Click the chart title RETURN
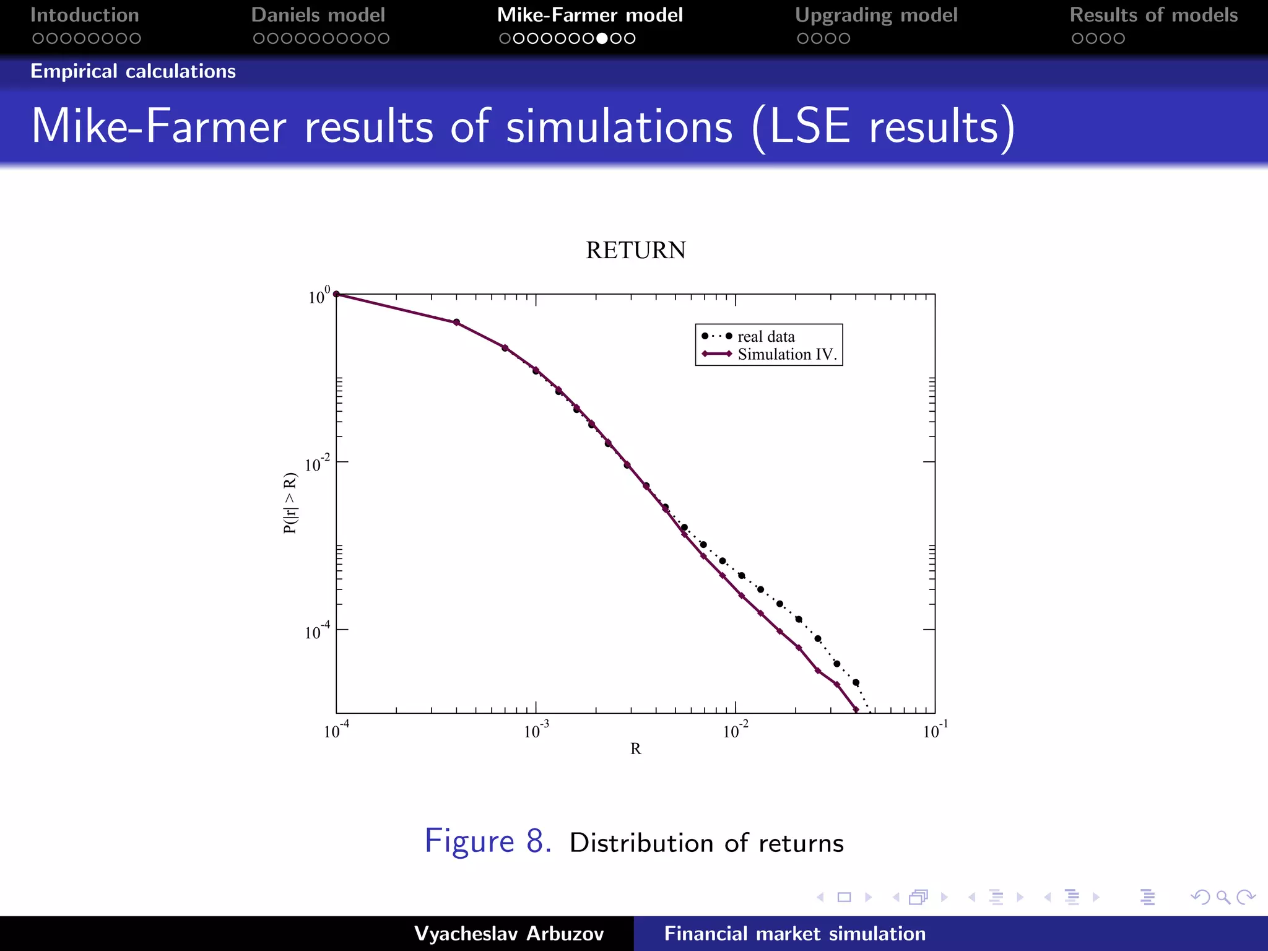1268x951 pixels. click(x=635, y=251)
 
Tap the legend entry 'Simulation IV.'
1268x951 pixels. click(x=786, y=355)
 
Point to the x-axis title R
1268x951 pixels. click(x=635, y=749)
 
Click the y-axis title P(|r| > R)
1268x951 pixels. click(x=290, y=503)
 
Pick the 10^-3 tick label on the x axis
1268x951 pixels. click(x=536, y=731)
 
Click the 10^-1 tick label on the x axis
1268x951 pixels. click(x=934, y=731)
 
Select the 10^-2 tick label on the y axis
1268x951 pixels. click(x=317, y=464)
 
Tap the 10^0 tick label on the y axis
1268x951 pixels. click(x=319, y=297)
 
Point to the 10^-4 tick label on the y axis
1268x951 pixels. click(x=317, y=632)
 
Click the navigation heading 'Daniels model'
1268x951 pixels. click(x=318, y=15)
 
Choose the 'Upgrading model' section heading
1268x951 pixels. click(x=876, y=15)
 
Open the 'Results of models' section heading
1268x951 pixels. click(x=1153, y=15)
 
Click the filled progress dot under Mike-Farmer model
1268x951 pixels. click(x=602, y=38)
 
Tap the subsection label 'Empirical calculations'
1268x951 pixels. click(x=133, y=71)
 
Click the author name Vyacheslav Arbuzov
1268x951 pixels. click(x=508, y=934)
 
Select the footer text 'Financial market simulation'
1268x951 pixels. click(x=794, y=934)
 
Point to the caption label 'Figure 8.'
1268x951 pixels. click(x=488, y=841)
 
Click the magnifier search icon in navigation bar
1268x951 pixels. click(x=1223, y=897)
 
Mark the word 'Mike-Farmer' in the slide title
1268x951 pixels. click(x=158, y=127)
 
